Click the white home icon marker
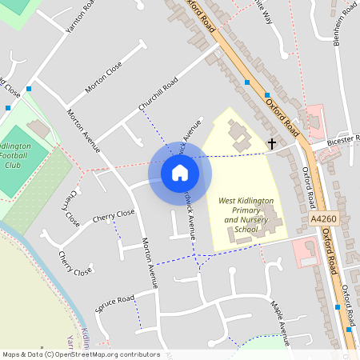(179, 172)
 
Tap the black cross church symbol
(272, 144)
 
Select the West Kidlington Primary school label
(246, 201)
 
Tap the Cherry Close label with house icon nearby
(114, 215)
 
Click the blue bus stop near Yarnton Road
(30, 88)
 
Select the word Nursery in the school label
(254, 219)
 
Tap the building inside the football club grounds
(38, 128)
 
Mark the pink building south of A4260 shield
(304, 252)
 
